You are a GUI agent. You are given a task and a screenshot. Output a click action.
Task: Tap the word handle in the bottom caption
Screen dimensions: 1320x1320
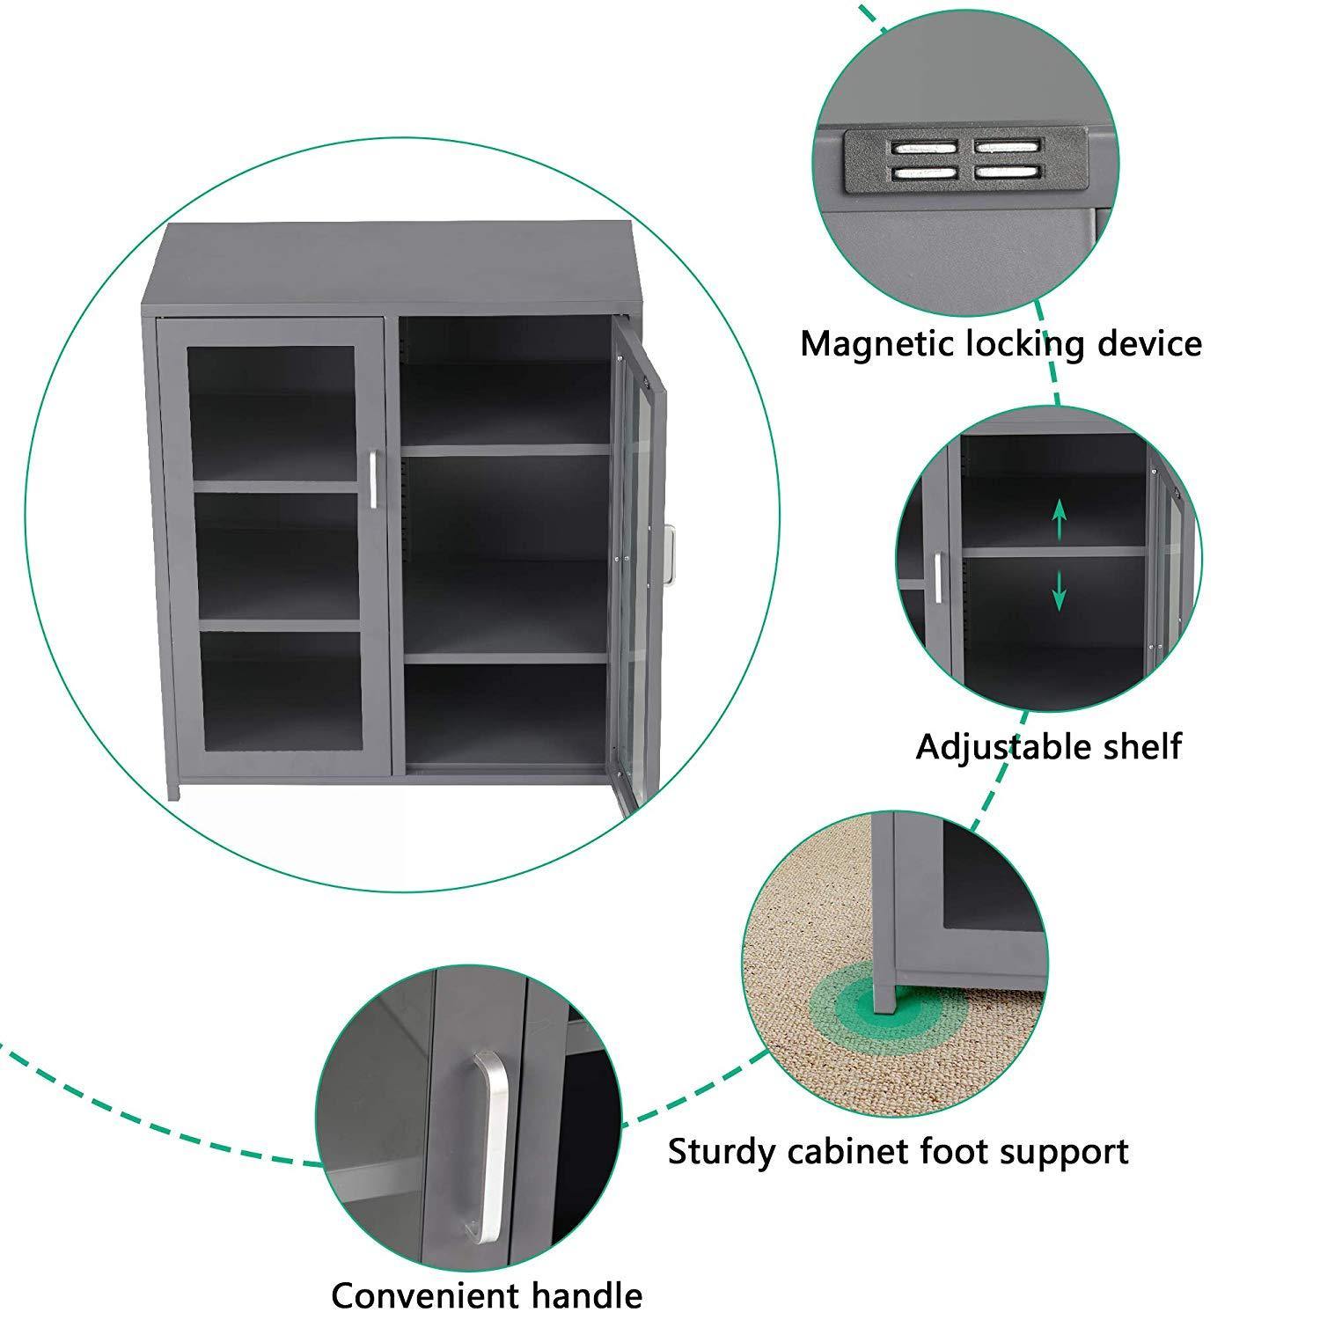tap(586, 1295)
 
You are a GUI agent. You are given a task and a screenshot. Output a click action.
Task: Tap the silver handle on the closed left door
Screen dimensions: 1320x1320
tap(373, 480)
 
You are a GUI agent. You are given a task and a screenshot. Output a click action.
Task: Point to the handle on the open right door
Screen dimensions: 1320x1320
tap(671, 554)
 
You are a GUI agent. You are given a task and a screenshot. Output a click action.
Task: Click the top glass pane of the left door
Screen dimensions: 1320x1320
tap(271, 412)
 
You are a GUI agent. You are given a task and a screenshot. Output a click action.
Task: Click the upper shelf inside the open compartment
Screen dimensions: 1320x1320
tap(506, 449)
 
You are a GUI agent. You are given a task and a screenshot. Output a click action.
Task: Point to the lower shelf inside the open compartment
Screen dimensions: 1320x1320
tap(506, 656)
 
